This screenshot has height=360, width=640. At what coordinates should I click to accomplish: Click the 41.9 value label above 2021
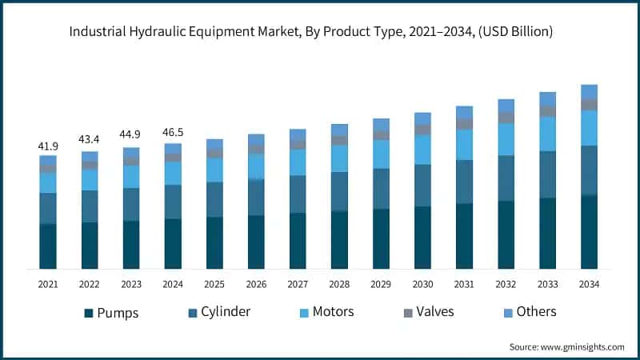coord(48,146)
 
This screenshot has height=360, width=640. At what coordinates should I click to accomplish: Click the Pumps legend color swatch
coord(89,312)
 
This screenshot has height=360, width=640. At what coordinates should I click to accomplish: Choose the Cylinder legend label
coord(226,312)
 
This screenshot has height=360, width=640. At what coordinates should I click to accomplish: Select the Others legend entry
coord(536,312)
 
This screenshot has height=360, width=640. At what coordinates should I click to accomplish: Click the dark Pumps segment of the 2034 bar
coord(589,232)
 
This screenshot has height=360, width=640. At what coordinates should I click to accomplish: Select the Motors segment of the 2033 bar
coord(547,134)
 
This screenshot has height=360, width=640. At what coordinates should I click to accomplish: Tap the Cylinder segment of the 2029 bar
coord(381,188)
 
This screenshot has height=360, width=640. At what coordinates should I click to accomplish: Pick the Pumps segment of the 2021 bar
coord(48,246)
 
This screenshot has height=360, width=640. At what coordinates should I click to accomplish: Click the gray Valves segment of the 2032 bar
coord(506,118)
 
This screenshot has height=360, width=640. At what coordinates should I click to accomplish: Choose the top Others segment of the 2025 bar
coord(214,144)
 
